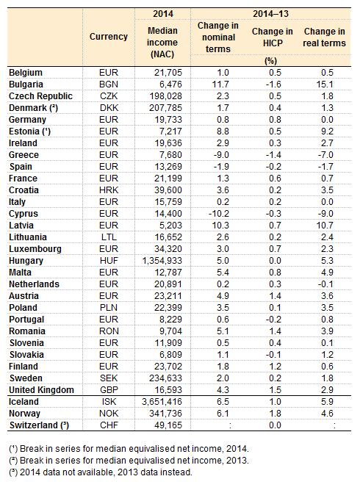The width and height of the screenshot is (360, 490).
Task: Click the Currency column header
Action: click(109, 37)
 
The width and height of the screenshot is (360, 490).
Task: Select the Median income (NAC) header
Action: click(162, 43)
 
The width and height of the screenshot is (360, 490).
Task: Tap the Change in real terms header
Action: click(325, 37)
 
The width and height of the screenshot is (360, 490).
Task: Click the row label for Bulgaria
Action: click(26, 84)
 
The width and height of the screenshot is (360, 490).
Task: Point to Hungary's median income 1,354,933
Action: click(162, 261)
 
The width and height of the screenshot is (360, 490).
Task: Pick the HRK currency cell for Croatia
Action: click(109, 190)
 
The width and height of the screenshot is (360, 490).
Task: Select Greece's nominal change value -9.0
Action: click(221, 155)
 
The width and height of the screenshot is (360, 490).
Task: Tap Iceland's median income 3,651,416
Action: click(162, 402)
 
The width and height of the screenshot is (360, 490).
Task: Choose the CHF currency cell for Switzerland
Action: click(109, 425)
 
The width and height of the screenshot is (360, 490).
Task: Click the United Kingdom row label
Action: click(42, 390)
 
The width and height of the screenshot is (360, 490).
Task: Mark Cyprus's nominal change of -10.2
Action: click(219, 214)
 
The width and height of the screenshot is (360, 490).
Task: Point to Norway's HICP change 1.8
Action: click(275, 414)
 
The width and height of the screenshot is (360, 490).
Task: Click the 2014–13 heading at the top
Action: click(270, 14)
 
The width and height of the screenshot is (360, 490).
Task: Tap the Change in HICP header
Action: click(273, 37)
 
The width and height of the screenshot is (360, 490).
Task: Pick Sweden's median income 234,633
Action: click(165, 378)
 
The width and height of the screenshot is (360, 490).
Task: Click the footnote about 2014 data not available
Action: click(101, 472)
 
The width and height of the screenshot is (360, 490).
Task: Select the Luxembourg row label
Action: click(35, 249)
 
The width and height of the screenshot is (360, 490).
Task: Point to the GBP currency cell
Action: click(109, 390)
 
